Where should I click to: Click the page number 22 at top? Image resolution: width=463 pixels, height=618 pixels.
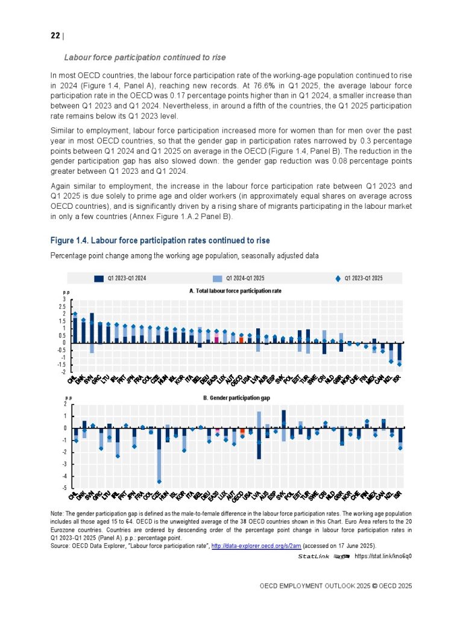(x=54, y=36)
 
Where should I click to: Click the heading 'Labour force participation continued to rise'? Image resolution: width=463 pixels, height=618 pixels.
(x=145, y=57)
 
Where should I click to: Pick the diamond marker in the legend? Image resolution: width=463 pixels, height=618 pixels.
(x=338, y=278)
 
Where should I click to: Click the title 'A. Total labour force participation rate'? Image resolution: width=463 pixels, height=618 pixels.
(x=235, y=290)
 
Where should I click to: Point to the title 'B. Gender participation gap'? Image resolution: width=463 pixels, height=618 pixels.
(x=235, y=398)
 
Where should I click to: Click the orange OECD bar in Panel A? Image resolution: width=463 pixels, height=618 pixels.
(x=242, y=340)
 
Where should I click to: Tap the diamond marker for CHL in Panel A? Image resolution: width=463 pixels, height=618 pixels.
(x=75, y=314)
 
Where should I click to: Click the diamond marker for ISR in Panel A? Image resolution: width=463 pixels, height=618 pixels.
(x=399, y=364)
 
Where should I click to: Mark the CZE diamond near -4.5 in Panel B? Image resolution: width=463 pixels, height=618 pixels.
(x=159, y=481)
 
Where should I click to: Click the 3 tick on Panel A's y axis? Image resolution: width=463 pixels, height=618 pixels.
(x=65, y=299)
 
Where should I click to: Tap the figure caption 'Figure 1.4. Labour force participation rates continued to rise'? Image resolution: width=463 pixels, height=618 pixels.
(x=160, y=241)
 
